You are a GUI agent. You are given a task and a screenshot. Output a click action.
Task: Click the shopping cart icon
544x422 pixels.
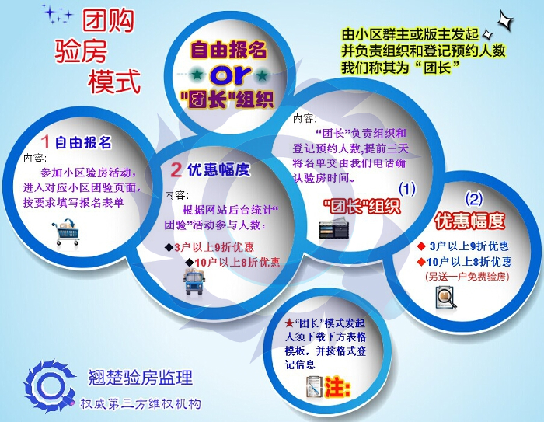point(66,232)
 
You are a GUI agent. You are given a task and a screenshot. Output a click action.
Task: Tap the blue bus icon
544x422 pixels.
point(194,284)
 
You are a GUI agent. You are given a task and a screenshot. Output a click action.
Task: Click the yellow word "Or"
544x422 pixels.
point(228,76)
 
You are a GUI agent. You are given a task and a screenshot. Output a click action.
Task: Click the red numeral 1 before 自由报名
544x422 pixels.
point(46,141)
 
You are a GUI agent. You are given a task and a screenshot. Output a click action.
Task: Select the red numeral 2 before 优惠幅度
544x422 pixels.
point(176,169)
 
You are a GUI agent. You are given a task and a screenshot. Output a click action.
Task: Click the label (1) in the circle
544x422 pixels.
point(407,188)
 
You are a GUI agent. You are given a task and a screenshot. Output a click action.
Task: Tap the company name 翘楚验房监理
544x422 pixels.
point(141,378)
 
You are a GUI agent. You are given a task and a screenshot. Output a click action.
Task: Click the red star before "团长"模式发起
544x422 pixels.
point(289,323)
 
